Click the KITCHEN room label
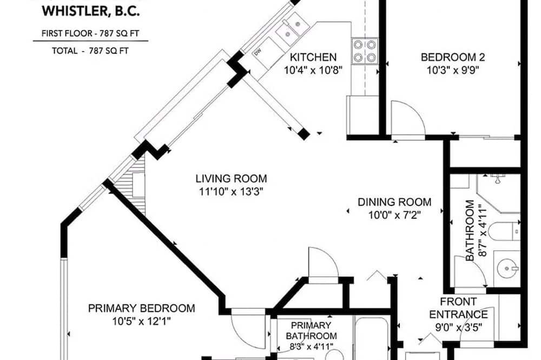pyautogui.click(x=313, y=57)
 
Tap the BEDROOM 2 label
pyautogui.click(x=453, y=57)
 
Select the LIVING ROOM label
pyautogui.click(x=231, y=178)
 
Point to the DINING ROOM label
pyautogui.click(x=394, y=202)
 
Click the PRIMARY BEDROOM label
pyautogui.click(x=141, y=308)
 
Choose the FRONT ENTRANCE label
pyautogui.click(x=459, y=308)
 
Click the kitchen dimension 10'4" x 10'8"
pyautogui.click(x=313, y=70)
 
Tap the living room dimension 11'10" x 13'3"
pyautogui.click(x=231, y=192)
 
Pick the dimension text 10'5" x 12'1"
pyautogui.click(x=141, y=322)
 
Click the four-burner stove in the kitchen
pyautogui.click(x=365, y=51)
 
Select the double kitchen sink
pyautogui.click(x=292, y=28)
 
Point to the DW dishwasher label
pyautogui.click(x=258, y=52)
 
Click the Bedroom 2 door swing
pyautogui.click(x=408, y=117)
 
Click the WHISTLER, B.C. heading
pyautogui.click(x=91, y=11)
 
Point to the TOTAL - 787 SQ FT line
pyautogui.click(x=90, y=51)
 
